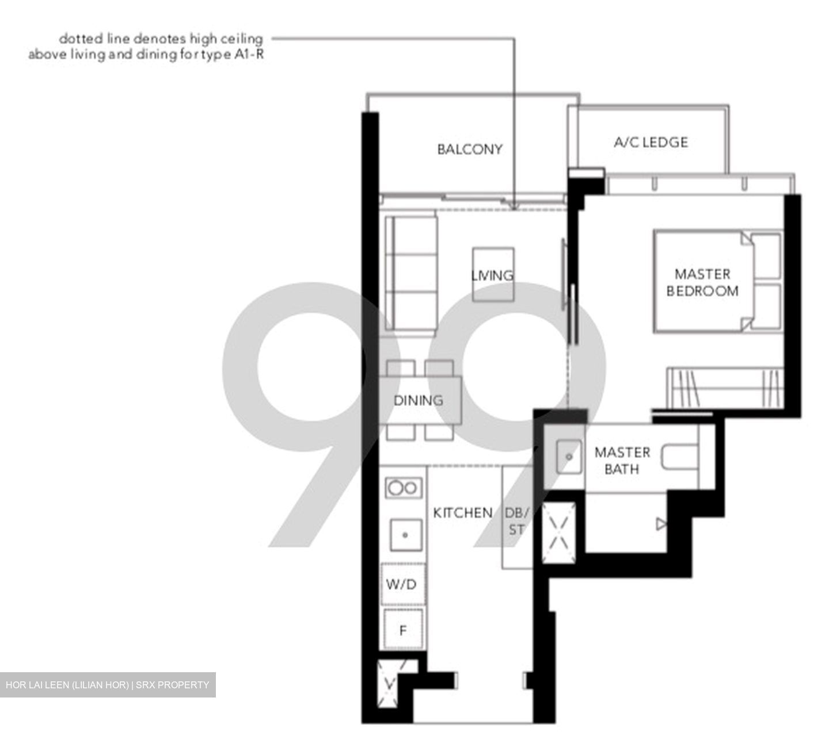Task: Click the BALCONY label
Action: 469,150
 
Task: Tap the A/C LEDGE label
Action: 651,142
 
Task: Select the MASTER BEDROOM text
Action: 702,282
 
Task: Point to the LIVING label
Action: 492,275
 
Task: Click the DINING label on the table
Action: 419,400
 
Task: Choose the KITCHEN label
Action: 462,512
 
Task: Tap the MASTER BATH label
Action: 622,461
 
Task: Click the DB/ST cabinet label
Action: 516,520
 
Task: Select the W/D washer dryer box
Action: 402,585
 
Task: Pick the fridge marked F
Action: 403,630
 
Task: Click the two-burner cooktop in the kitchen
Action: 402,488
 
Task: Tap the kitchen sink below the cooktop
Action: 405,535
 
